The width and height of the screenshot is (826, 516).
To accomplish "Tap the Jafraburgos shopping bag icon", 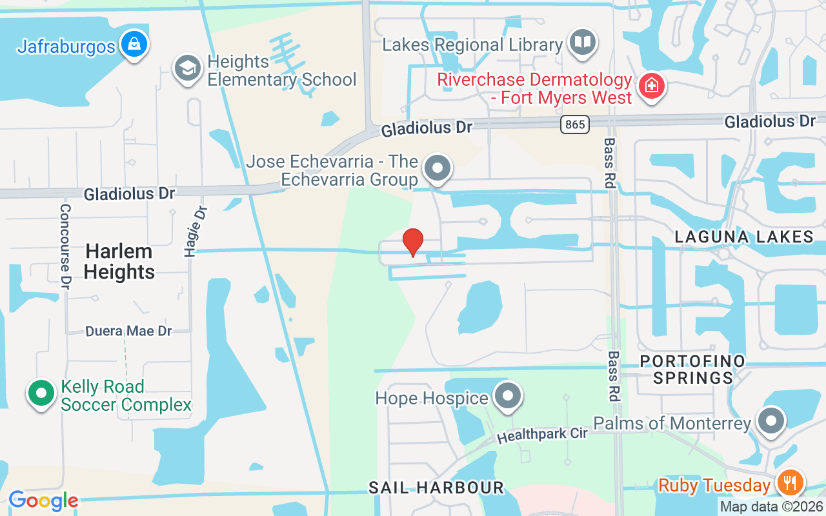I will click(134, 45).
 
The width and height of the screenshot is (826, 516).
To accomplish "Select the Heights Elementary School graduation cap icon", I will click(188, 69).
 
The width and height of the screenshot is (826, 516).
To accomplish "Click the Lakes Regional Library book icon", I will click(583, 43).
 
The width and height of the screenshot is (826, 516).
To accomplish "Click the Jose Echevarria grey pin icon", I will click(438, 168).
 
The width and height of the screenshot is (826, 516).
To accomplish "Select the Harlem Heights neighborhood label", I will click(119, 261).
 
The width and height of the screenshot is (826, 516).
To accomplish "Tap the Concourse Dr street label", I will click(65, 246).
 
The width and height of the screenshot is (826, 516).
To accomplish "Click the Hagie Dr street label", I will click(190, 231).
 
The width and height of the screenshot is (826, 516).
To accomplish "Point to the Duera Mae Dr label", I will click(129, 331).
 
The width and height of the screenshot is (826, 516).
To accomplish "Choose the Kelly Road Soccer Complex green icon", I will click(41, 393).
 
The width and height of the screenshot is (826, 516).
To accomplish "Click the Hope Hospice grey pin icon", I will click(508, 395).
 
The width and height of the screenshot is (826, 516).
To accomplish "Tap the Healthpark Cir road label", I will click(542, 435).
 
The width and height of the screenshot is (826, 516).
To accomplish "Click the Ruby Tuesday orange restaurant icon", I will click(790, 483).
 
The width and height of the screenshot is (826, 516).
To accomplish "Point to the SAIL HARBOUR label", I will click(436, 488).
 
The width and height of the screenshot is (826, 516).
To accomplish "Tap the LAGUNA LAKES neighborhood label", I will click(744, 237).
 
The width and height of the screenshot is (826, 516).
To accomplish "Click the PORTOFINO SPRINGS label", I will click(692, 369).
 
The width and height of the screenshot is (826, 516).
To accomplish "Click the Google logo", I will click(43, 500).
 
